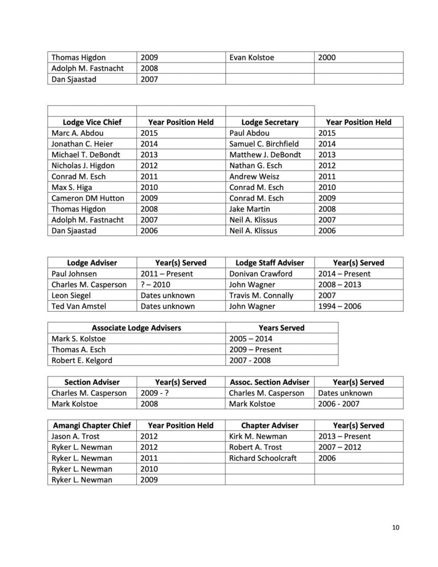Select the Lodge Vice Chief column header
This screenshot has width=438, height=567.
pyautogui.click(x=92, y=122)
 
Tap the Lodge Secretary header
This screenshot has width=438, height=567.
pyautogui.click(x=270, y=122)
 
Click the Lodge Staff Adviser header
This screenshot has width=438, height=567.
pyautogui.click(x=270, y=263)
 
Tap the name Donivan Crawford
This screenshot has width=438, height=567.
pyautogui.click(x=261, y=274)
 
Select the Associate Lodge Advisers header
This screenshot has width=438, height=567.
pyautogui.click(x=136, y=328)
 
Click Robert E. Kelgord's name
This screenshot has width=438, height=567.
pyautogui.click(x=81, y=360)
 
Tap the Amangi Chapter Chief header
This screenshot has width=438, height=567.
pyautogui.click(x=92, y=426)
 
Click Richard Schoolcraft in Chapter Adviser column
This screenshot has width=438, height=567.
pyautogui.click(x=261, y=458)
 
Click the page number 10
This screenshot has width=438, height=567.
pyautogui.click(x=395, y=527)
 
